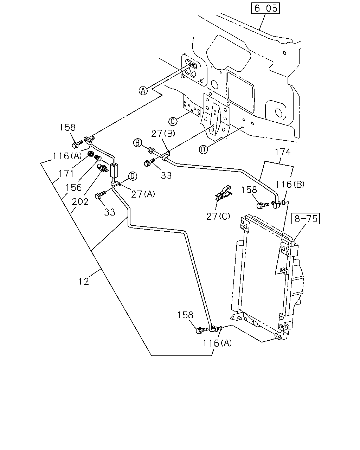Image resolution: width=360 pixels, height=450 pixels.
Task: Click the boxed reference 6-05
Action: (x=265, y=8)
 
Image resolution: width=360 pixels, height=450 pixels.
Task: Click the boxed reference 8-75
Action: (x=306, y=219)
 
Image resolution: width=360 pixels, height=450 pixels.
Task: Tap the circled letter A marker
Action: (x=143, y=91)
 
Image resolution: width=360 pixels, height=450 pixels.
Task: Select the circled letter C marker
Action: (x=173, y=121)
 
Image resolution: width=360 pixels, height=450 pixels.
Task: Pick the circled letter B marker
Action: (x=137, y=143)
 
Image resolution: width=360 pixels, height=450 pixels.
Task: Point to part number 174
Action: (x=283, y=152)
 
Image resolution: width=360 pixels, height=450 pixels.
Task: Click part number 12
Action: (x=84, y=282)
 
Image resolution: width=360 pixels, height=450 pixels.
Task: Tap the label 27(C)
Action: (x=218, y=217)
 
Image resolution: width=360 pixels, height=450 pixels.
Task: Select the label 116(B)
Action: (x=290, y=184)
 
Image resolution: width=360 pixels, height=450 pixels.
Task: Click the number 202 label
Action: (x=80, y=202)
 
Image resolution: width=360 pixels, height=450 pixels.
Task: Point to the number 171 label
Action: (x=66, y=173)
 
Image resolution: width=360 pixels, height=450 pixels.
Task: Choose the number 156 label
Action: (x=73, y=188)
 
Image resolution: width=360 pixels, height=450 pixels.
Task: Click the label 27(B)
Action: (x=163, y=133)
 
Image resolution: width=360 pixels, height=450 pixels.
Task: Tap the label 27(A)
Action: (x=143, y=194)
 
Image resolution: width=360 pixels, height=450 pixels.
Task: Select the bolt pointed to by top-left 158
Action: (x=77, y=144)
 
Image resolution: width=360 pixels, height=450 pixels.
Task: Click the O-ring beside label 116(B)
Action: (x=283, y=202)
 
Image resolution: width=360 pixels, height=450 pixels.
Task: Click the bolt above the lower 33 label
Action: (x=101, y=195)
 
